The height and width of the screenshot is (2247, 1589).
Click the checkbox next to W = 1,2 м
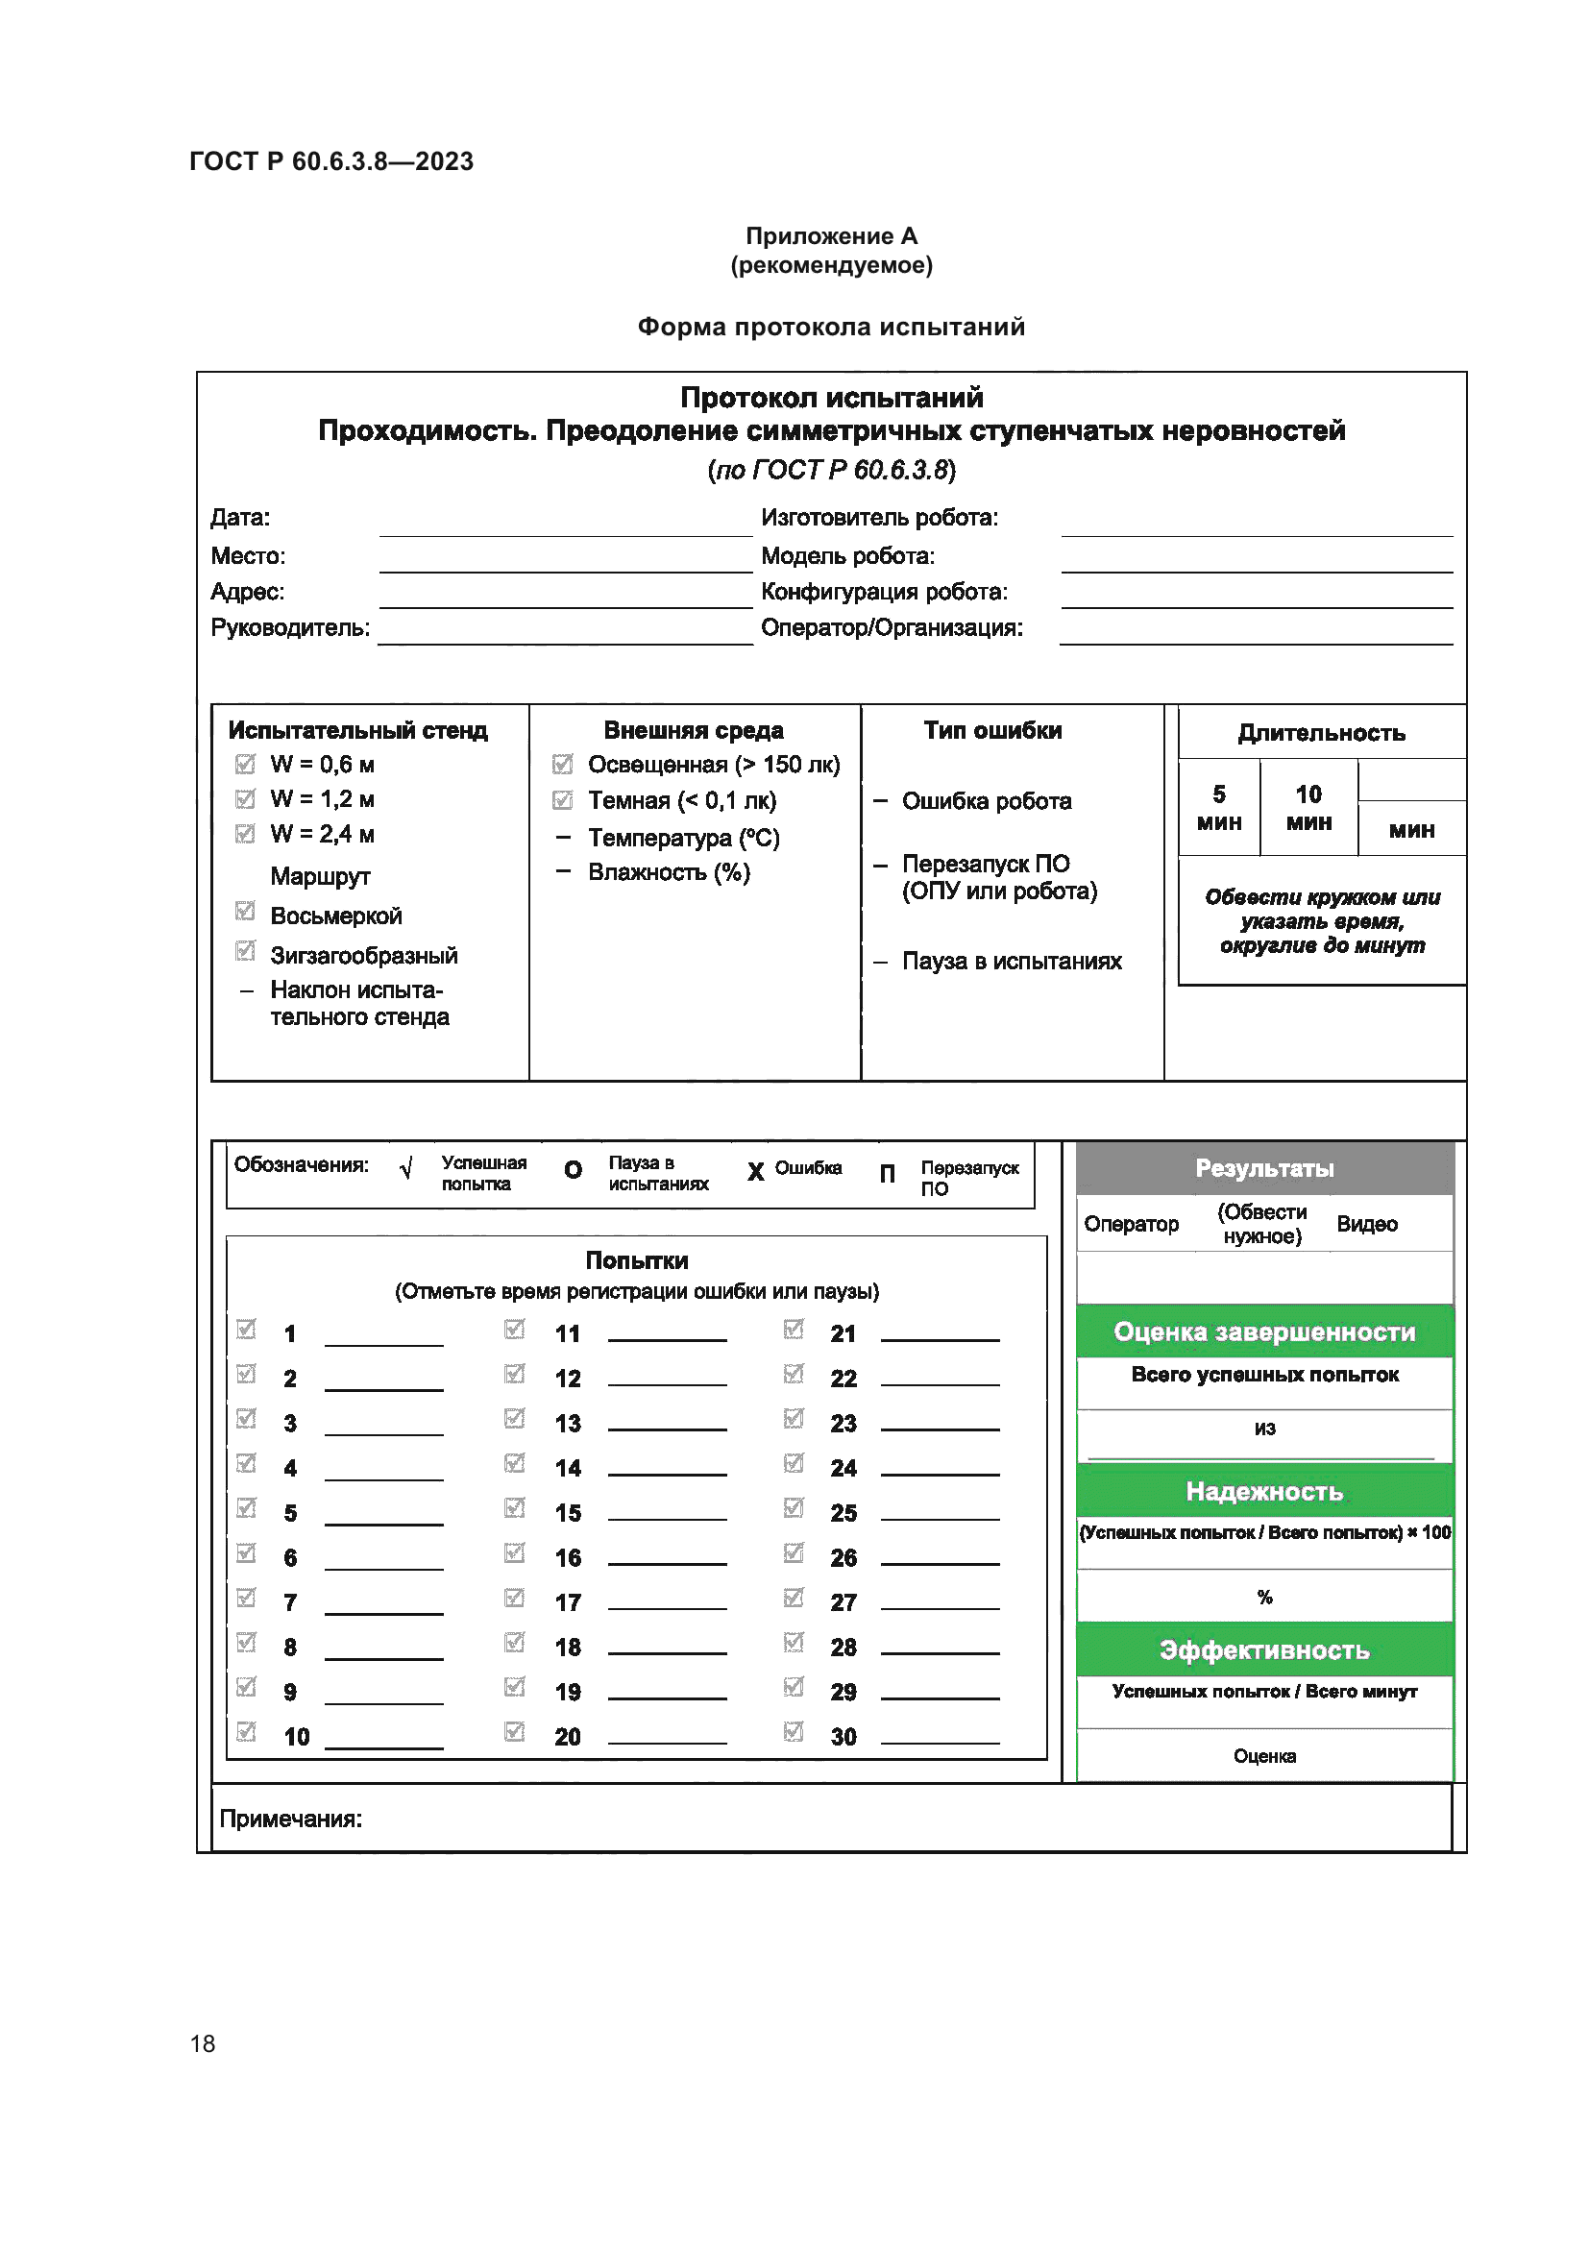[x=245, y=798]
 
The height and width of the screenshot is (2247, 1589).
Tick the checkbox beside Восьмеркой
[x=245, y=911]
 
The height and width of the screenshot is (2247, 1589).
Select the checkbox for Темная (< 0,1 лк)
[x=563, y=800]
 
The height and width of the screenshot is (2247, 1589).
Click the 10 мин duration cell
[x=1308, y=807]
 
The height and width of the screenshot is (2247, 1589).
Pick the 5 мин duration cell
[x=1218, y=807]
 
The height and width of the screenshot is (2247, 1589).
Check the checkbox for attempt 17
[x=515, y=1598]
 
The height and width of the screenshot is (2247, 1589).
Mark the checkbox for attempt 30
[x=794, y=1731]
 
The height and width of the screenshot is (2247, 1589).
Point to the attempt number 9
[x=289, y=1692]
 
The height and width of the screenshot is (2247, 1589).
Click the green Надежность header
[x=1264, y=1492]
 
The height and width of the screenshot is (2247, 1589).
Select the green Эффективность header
[x=1264, y=1650]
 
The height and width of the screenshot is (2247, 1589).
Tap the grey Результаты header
[x=1264, y=1167]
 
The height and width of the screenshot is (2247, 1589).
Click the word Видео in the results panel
[x=1366, y=1223]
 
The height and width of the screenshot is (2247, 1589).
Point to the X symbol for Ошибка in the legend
[x=755, y=1171]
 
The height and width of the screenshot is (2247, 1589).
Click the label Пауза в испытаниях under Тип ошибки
[x=1011, y=961]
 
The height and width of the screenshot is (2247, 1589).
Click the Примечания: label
[x=290, y=1819]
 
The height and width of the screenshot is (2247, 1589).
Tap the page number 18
[x=203, y=2043]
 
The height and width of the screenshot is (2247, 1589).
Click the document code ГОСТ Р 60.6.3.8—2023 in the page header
[x=330, y=161]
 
